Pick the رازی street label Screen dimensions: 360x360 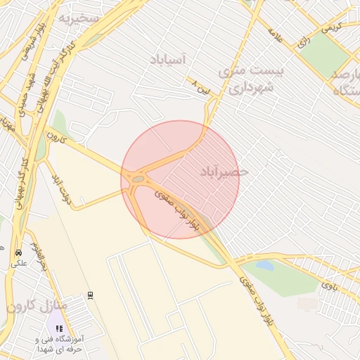[304, 41]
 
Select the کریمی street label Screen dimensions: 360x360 [330, 26]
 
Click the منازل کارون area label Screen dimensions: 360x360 [37, 307]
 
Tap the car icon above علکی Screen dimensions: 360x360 [18, 252]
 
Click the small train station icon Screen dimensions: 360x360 [90, 295]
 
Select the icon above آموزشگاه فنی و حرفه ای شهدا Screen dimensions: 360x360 [60, 328]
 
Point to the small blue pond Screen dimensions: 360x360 [264, 265]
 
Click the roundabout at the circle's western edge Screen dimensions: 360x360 [138, 179]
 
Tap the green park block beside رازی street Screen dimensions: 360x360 [326, 49]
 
